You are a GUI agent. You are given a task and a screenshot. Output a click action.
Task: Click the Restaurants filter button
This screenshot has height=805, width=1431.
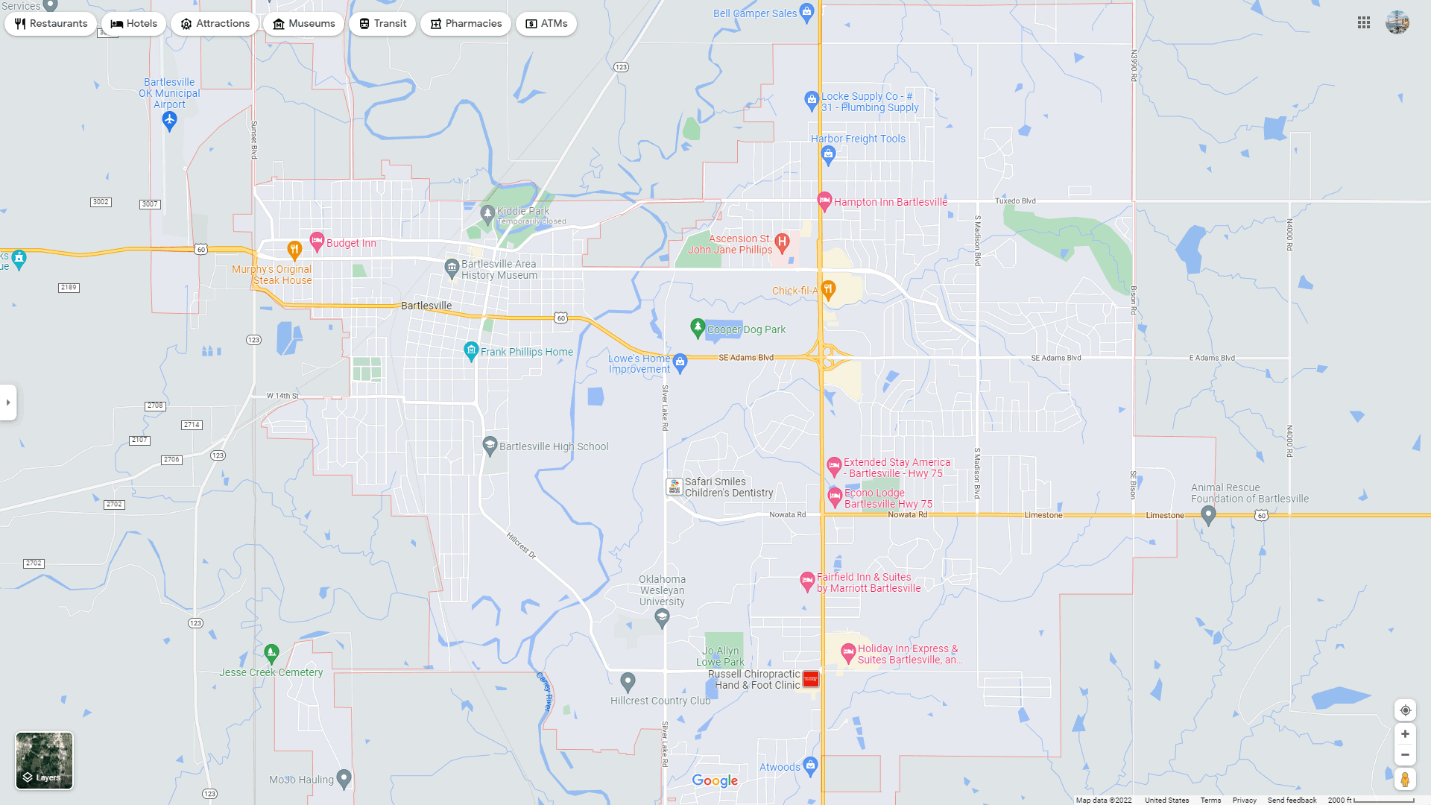(x=51, y=24)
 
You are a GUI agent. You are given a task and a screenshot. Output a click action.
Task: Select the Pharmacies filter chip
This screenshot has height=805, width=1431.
(x=465, y=24)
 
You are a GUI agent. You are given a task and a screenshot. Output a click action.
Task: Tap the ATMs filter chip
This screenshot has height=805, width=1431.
(x=546, y=24)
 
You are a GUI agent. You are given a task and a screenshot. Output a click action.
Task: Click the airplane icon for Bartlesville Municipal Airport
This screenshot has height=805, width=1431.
(x=169, y=121)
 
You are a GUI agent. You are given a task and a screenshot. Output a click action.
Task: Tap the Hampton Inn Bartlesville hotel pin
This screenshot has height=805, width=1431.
(x=824, y=201)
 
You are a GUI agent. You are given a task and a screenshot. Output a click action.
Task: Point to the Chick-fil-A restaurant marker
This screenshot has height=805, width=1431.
(x=828, y=290)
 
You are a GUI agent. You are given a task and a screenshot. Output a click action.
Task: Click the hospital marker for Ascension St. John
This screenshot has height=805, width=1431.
(x=782, y=241)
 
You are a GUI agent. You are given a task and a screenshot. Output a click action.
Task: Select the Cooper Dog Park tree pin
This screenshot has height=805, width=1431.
(x=698, y=327)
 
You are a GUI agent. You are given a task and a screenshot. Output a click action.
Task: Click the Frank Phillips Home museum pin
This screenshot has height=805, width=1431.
(x=471, y=350)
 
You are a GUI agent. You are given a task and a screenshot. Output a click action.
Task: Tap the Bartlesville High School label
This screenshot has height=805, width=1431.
(x=554, y=446)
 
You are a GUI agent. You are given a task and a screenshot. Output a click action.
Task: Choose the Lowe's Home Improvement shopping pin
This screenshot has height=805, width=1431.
(x=680, y=362)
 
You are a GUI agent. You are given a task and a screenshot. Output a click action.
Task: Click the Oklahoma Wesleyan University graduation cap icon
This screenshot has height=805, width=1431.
(x=662, y=616)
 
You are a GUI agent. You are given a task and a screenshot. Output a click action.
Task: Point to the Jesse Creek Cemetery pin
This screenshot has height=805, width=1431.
(x=271, y=654)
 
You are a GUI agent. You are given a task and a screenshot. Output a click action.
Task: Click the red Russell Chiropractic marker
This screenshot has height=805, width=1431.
(x=811, y=679)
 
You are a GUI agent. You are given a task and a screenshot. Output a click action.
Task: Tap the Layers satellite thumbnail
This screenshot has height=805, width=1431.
(x=45, y=760)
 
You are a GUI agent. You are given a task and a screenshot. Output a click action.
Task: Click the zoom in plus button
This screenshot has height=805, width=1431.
(x=1405, y=734)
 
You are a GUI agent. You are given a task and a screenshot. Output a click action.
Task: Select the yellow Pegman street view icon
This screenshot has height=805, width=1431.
(x=1405, y=780)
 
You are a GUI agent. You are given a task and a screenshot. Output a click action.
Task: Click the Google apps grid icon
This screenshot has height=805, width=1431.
(x=1364, y=23)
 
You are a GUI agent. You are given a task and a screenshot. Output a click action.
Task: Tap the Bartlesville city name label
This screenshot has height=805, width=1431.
(x=426, y=306)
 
